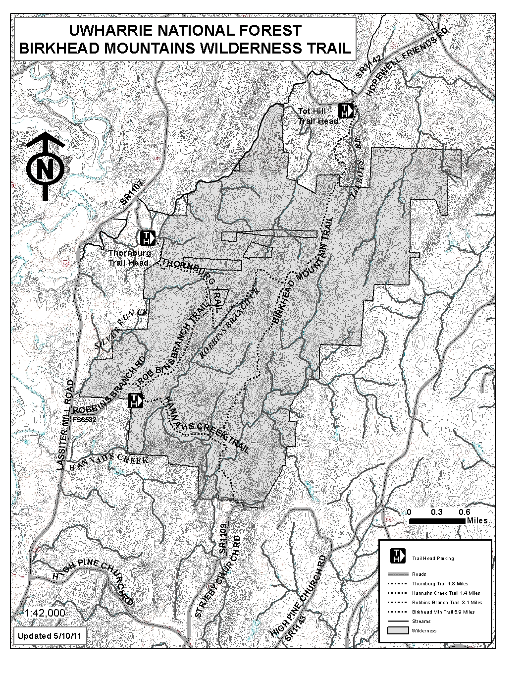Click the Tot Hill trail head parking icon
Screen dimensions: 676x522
(x=345, y=111)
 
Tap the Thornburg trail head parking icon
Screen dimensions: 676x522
(x=148, y=237)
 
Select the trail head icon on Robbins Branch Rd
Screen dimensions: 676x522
(x=135, y=400)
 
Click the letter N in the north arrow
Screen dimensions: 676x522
(x=45, y=169)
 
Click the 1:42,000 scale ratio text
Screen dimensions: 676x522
(x=45, y=613)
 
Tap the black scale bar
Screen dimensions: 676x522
(x=436, y=521)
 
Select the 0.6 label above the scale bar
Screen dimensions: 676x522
(x=464, y=512)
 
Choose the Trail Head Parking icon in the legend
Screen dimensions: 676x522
(x=398, y=556)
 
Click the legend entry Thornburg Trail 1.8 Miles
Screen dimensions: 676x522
(x=440, y=584)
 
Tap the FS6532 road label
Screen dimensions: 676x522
(x=84, y=419)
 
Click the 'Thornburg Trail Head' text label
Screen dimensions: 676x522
(x=129, y=258)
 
